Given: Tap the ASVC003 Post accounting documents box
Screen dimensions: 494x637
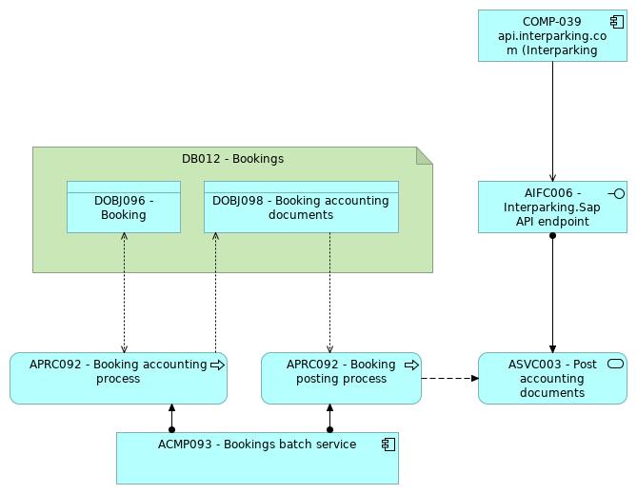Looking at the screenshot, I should [x=552, y=379].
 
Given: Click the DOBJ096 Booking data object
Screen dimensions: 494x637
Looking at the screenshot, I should [x=124, y=207].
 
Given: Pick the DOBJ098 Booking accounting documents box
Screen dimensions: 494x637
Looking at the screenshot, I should [x=301, y=207].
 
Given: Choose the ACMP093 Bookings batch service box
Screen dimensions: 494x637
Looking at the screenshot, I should [x=257, y=459].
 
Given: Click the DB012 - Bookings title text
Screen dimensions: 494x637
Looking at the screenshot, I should [x=232, y=159].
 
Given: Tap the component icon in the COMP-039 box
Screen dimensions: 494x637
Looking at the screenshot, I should [x=617, y=22].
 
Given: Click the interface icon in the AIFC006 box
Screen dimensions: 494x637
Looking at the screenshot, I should [x=617, y=193].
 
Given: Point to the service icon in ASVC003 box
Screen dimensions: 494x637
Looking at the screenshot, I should [x=615, y=365].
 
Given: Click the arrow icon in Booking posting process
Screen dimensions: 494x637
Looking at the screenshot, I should [x=411, y=365].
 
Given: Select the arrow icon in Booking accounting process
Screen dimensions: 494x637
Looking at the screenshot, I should [x=217, y=365].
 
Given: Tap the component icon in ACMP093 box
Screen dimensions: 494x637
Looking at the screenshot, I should [x=388, y=445].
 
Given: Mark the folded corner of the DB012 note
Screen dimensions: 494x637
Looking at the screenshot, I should [x=425, y=155].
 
